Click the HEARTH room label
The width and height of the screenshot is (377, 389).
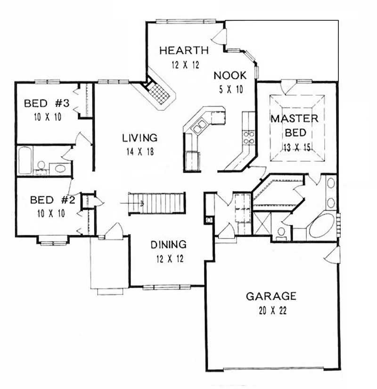tap(184, 50)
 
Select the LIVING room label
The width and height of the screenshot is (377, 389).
tap(139, 138)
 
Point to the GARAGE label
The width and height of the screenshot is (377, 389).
tap(271, 297)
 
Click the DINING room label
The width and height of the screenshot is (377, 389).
tap(168, 245)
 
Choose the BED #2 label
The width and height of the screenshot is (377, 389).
tap(53, 200)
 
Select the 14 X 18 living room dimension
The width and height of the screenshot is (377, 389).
tap(139, 152)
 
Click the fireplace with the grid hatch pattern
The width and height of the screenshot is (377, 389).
tap(159, 94)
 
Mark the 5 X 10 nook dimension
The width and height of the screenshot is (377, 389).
tap(229, 90)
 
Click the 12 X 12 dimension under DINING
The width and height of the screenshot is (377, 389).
tap(168, 258)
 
